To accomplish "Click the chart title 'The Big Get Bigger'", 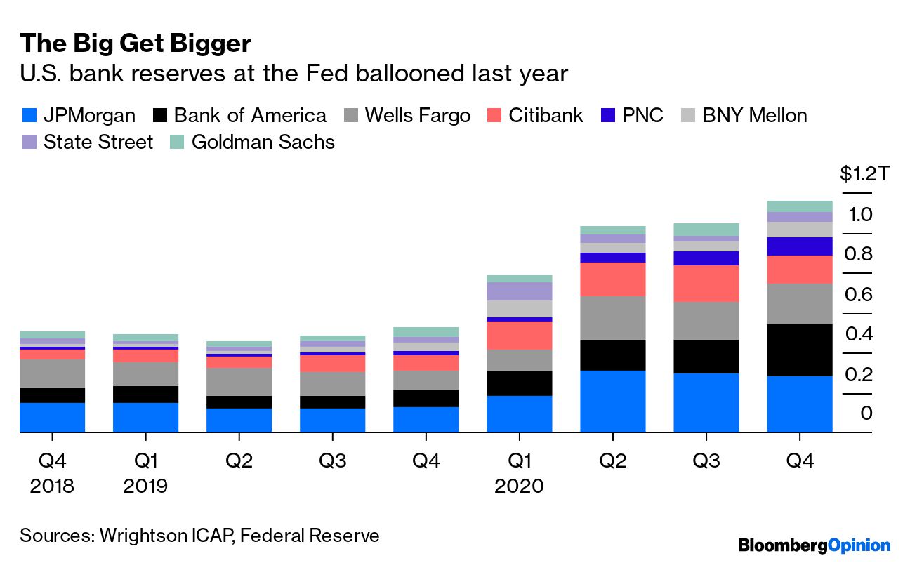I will [136, 44].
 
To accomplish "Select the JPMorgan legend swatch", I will [30, 115].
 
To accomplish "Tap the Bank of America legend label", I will [250, 115].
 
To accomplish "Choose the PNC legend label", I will [642, 115].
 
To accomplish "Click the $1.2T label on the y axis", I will [864, 173].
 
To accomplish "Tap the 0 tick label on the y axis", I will [866, 413].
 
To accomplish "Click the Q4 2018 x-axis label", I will [52, 472].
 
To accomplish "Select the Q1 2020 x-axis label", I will [519, 472].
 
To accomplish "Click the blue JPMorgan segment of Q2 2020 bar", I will [612, 401].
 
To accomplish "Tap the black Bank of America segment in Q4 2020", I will [799, 350].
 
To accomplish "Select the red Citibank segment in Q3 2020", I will [706, 284].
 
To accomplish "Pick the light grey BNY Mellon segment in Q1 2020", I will [519, 309].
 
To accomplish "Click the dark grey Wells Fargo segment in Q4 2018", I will [52, 373].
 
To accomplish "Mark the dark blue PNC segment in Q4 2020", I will [799, 246].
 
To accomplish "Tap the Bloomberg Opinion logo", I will [813, 545].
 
